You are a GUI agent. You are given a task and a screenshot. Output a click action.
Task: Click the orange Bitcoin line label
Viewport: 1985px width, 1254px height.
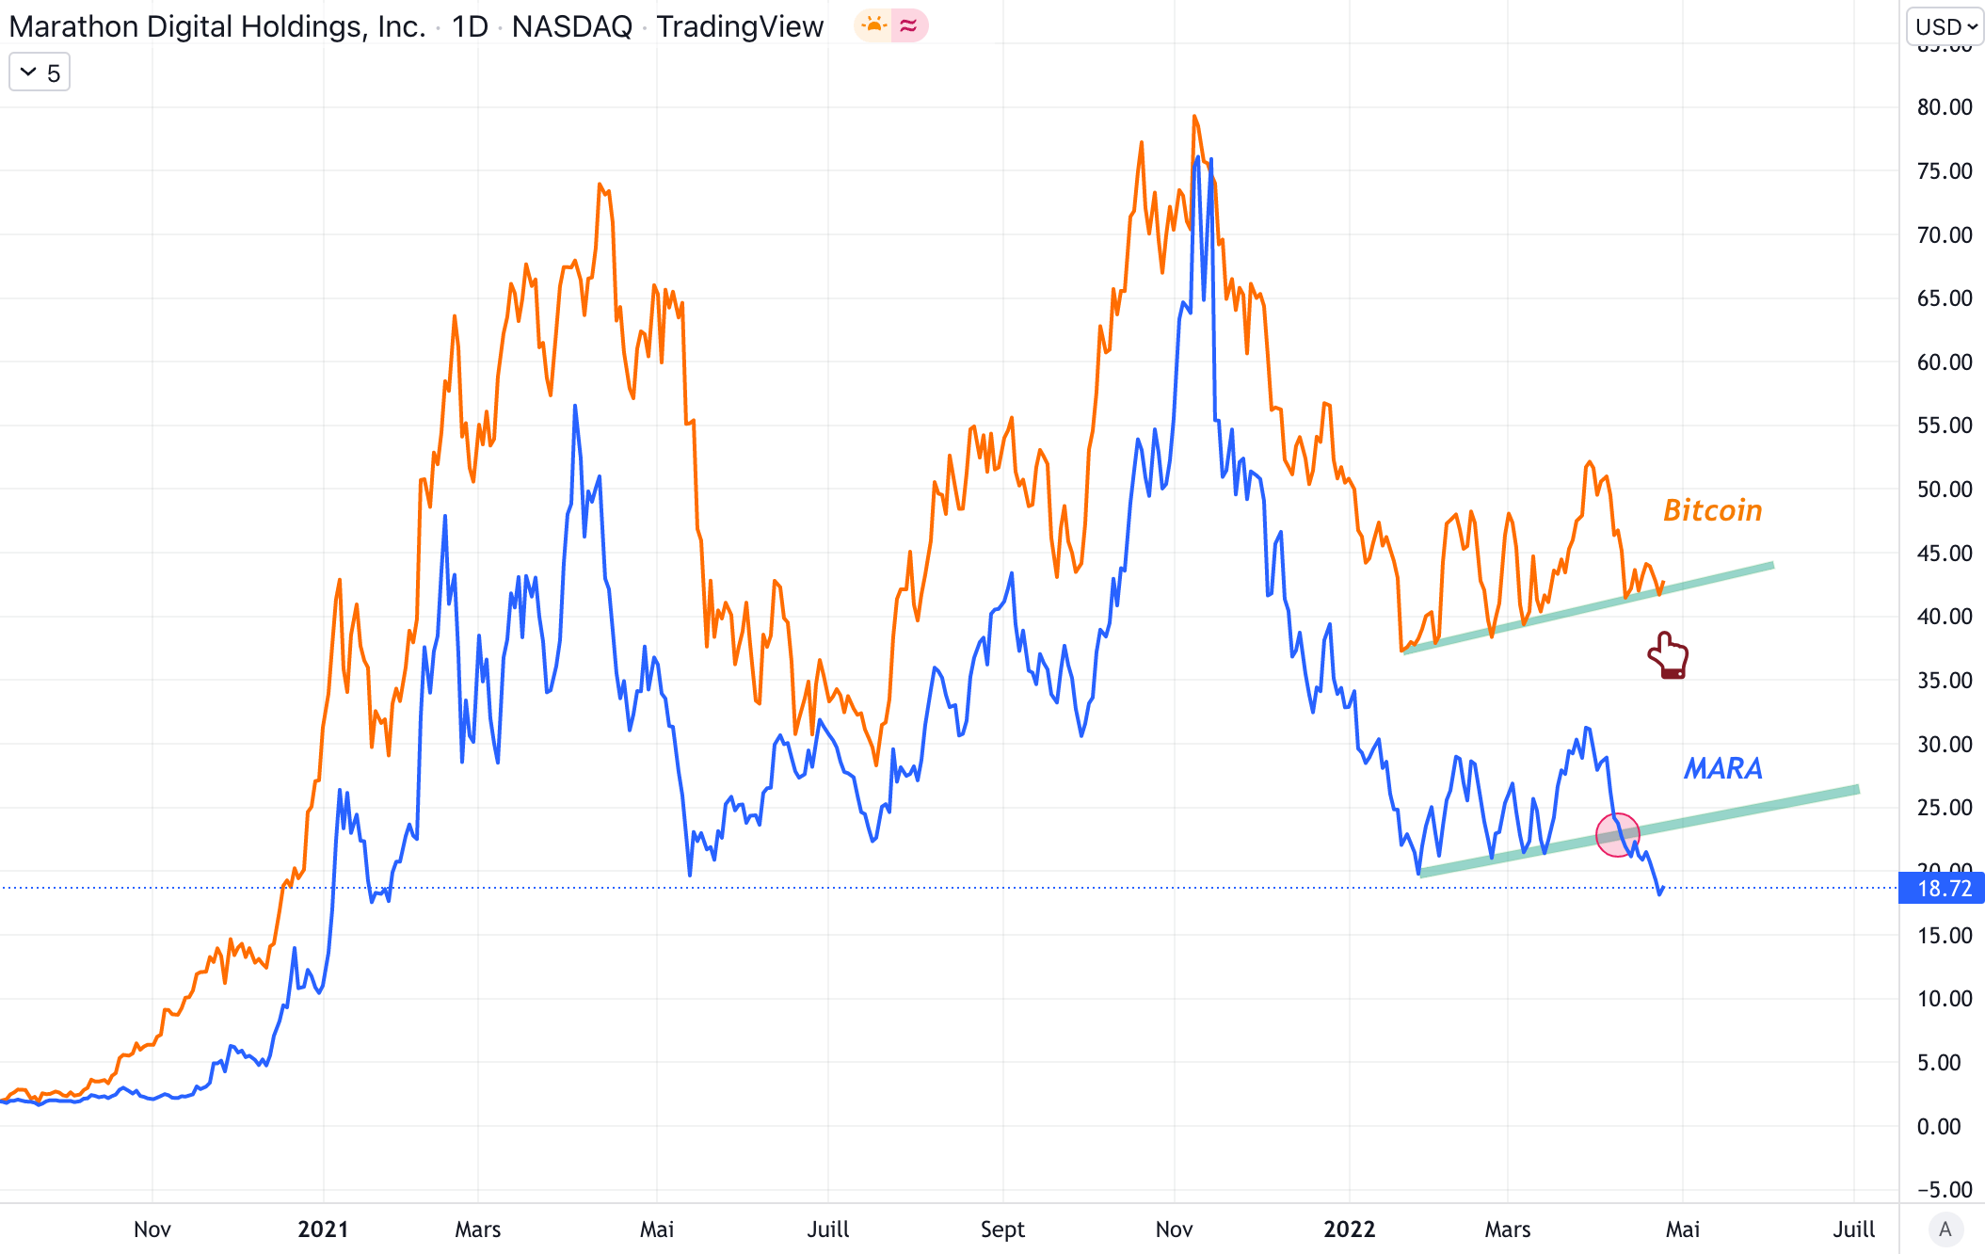[1712, 510]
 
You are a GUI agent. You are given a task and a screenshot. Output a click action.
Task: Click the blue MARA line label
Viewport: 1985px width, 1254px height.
[1722, 768]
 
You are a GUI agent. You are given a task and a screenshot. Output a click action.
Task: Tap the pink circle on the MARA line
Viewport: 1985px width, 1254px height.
[1618, 834]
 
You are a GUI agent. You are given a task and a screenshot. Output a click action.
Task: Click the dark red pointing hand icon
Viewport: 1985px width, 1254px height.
[1669, 655]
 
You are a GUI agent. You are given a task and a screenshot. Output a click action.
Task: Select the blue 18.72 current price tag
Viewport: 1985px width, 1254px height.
[1942, 889]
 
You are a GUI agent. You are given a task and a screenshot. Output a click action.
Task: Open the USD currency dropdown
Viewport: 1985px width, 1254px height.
[1945, 26]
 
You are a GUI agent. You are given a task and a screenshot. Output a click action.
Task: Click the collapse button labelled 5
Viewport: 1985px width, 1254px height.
[40, 72]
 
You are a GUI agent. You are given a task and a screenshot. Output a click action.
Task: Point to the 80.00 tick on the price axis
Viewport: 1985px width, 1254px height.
[1944, 107]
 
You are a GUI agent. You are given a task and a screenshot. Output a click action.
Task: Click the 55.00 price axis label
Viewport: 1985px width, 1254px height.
[1944, 426]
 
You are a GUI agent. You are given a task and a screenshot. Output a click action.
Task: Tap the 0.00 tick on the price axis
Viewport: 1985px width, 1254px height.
[1939, 1126]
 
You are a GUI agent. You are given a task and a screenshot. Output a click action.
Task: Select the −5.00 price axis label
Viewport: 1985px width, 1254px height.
[1944, 1190]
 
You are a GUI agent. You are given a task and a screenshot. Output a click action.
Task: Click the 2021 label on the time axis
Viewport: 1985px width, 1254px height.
[323, 1230]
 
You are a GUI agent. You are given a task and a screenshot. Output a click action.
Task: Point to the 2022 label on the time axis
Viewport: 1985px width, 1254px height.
[1349, 1230]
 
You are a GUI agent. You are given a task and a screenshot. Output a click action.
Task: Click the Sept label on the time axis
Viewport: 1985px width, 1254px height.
[1002, 1230]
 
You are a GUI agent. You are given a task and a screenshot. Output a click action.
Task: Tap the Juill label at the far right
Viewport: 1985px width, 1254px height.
[1853, 1230]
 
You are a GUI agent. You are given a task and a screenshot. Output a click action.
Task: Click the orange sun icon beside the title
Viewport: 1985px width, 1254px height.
[874, 25]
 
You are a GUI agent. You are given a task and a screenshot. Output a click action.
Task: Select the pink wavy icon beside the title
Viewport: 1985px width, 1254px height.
[908, 25]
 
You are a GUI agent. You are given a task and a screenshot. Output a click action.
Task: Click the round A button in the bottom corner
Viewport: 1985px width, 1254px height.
[1945, 1229]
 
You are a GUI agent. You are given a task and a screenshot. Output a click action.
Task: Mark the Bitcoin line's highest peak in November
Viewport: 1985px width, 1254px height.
[1194, 117]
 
